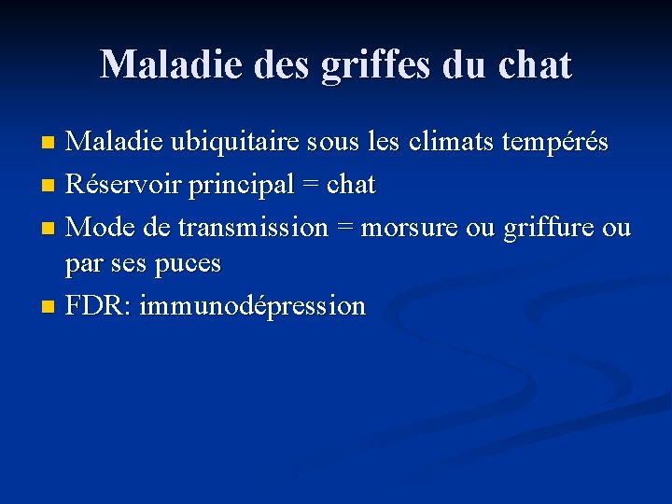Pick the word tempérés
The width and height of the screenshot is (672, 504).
(554, 144)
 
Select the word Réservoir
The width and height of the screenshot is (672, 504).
(123, 185)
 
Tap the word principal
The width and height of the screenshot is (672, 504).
(243, 185)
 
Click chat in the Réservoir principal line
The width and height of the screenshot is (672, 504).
(352, 185)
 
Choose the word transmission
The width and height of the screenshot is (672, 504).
(253, 227)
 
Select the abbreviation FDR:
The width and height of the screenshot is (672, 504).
(98, 306)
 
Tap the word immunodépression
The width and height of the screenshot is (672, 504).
(252, 306)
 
